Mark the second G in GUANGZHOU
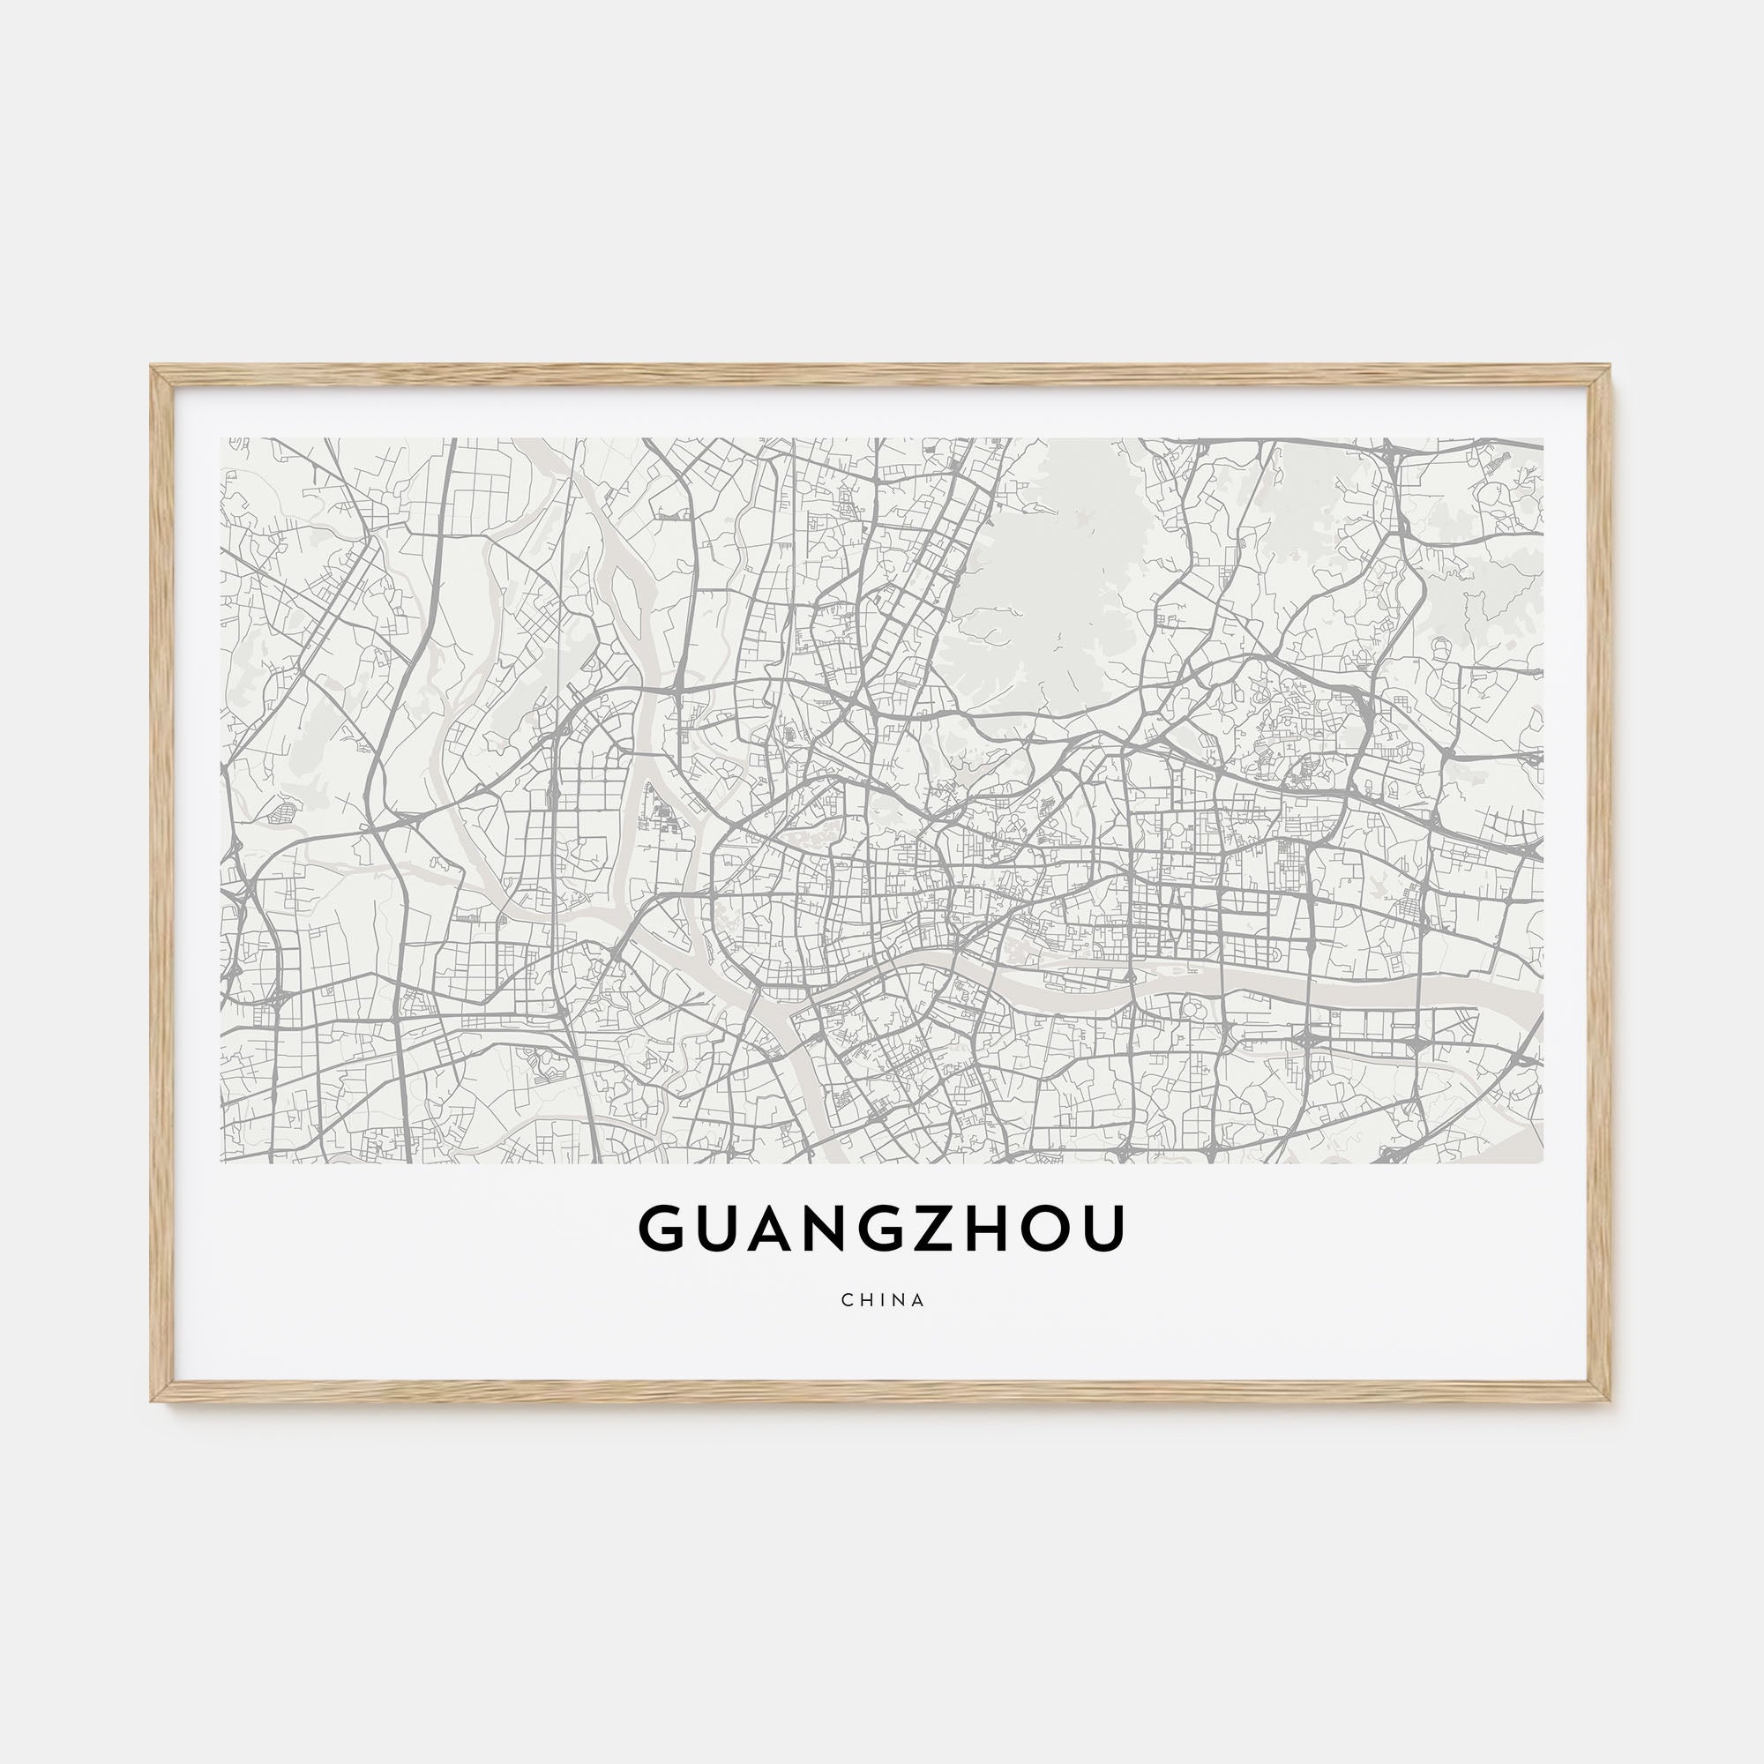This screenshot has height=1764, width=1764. click(x=882, y=1228)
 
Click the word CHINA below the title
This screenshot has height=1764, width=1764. click(x=883, y=1300)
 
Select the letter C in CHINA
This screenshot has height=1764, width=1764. click(x=848, y=1300)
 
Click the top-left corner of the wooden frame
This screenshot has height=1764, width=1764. click(x=153, y=368)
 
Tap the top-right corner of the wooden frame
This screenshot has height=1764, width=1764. click(x=1611, y=368)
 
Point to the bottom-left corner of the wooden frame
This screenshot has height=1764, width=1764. click(x=153, y=1400)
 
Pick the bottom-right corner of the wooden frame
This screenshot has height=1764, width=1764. click(x=1611, y=1400)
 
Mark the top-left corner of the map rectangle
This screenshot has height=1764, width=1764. click(x=222, y=439)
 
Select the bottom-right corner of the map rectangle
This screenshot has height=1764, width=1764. click(x=1543, y=1162)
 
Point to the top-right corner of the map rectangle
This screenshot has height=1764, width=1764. click(x=1543, y=439)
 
